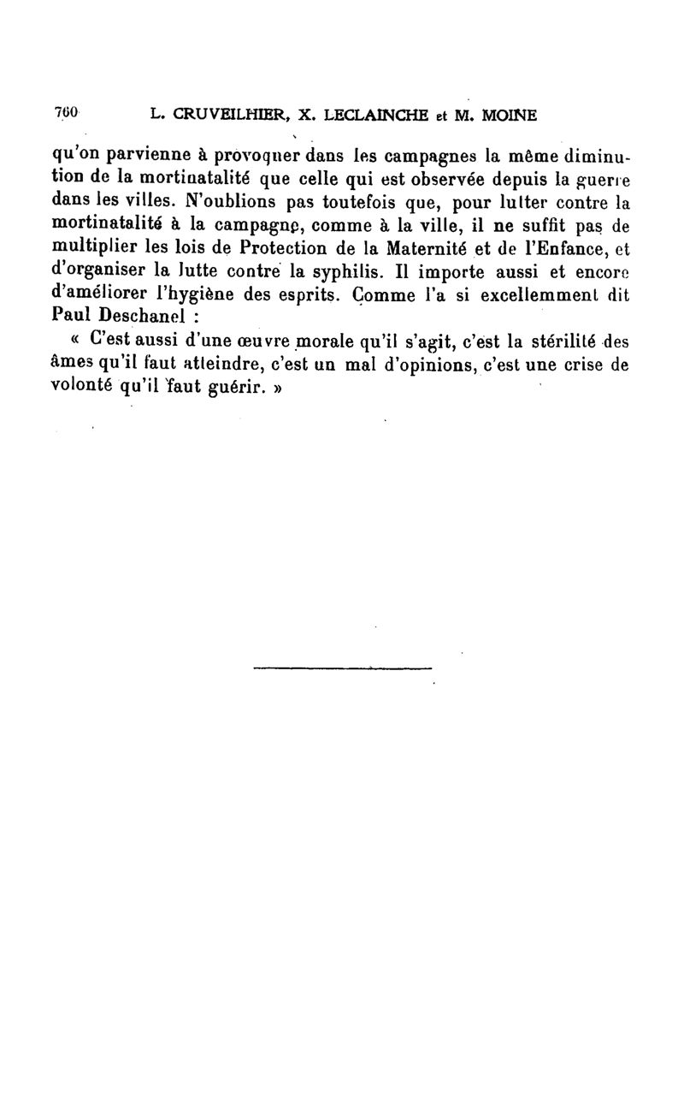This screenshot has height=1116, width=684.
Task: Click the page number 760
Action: [66, 113]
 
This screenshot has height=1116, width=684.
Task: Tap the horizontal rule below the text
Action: [343, 668]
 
